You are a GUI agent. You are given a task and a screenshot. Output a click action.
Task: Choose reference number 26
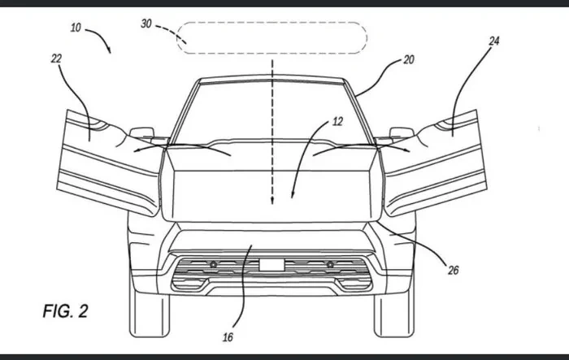click(453, 271)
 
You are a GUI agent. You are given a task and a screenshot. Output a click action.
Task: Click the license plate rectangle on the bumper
click(272, 264)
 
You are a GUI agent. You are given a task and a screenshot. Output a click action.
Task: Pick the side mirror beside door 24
click(401, 132)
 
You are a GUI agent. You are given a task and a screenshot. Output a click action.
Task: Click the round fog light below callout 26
click(331, 265)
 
